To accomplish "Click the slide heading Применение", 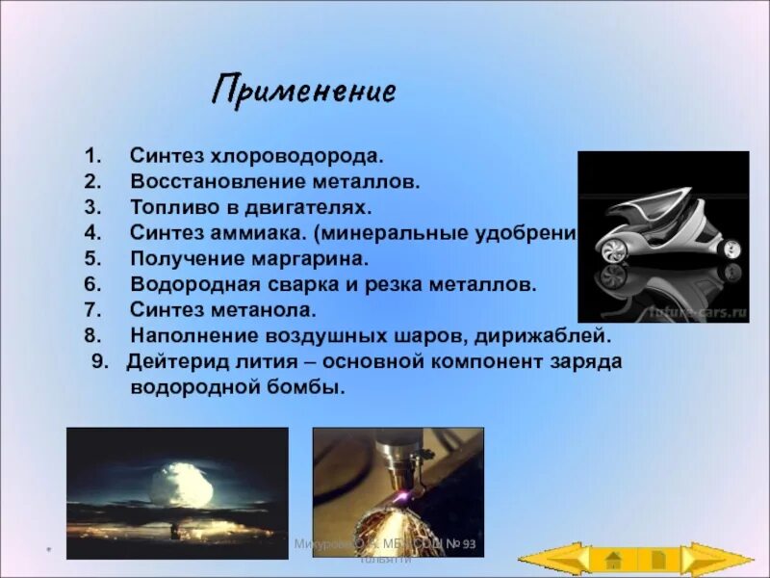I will [303, 92].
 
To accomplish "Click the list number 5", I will [91, 259].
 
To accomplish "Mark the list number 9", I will [99, 362].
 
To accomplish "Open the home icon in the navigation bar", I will [613, 559].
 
